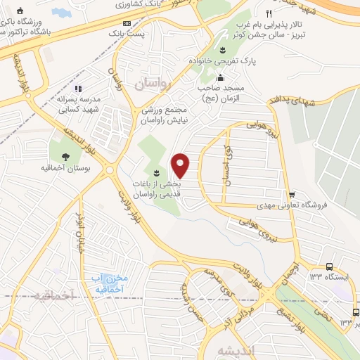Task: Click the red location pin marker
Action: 181,165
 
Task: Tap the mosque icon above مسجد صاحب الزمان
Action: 221,77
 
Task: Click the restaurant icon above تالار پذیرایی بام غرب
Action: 268,13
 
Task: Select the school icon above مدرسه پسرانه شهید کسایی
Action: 78,89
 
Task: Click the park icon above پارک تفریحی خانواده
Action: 222,49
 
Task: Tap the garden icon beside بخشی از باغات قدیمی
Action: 156,173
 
